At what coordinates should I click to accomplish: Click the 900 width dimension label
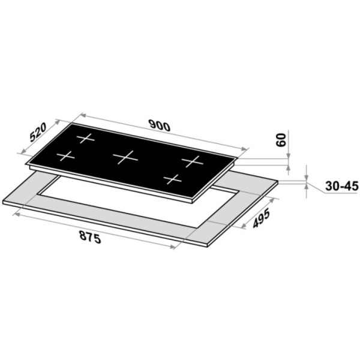tap(160, 125)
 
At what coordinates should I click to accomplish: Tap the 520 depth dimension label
tap(38, 132)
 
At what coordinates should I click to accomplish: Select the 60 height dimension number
tap(281, 140)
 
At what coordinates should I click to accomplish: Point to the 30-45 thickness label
tap(341, 186)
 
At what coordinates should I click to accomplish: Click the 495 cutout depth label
tap(261, 219)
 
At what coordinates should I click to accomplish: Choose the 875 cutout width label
tap(90, 237)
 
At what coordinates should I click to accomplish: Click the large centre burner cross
tap(125, 157)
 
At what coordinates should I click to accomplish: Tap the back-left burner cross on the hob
tap(85, 138)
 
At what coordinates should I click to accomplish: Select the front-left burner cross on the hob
tap(65, 156)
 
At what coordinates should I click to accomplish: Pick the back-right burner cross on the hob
tap(193, 161)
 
